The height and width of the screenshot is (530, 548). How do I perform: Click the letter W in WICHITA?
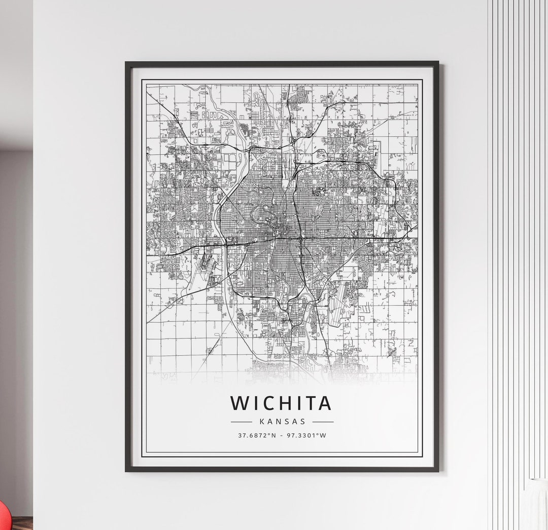coord(239,403)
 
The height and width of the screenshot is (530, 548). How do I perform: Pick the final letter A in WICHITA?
coord(324,403)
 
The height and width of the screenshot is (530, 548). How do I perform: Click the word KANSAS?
coord(282,421)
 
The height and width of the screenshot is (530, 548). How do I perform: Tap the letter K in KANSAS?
coord(261,421)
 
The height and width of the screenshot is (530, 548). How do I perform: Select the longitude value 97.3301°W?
coord(306,435)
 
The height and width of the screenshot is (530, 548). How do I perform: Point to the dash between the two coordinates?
coord(282,435)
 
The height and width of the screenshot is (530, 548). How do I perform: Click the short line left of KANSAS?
coord(241,421)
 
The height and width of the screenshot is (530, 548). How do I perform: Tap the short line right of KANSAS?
coord(323,421)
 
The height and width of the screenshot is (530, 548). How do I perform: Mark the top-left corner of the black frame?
coord(127,63)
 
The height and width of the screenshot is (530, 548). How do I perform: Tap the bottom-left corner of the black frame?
coord(127,470)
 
